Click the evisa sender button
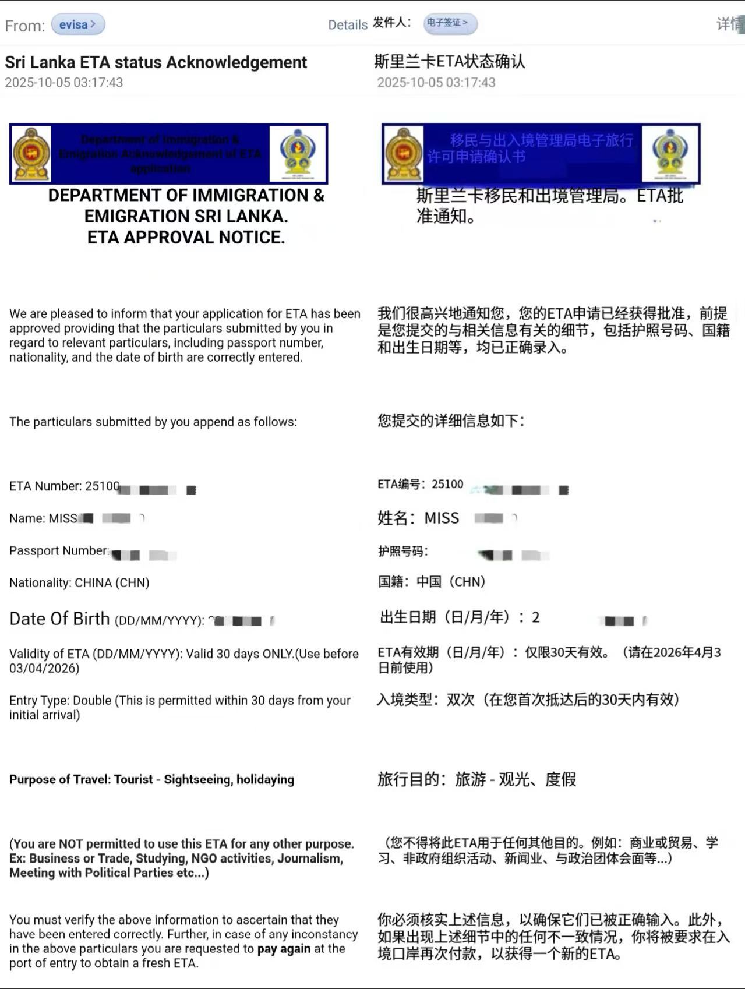(77, 24)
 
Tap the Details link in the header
(347, 25)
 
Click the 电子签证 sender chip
(449, 23)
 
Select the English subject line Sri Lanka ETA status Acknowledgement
(156, 62)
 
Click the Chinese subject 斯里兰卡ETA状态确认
(449, 61)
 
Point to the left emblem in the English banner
(31, 153)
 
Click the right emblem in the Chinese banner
(670, 153)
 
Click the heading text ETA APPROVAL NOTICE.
(186, 238)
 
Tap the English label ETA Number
(45, 486)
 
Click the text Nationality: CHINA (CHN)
(79, 583)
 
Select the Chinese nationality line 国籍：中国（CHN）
(432, 582)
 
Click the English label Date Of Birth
(59, 619)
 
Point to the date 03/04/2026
(44, 669)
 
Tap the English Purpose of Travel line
(151, 780)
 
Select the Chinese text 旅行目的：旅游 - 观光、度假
(476, 779)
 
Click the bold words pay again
(284, 949)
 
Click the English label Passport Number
(59, 551)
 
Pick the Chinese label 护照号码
(402, 551)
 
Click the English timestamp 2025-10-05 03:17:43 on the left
(64, 83)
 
